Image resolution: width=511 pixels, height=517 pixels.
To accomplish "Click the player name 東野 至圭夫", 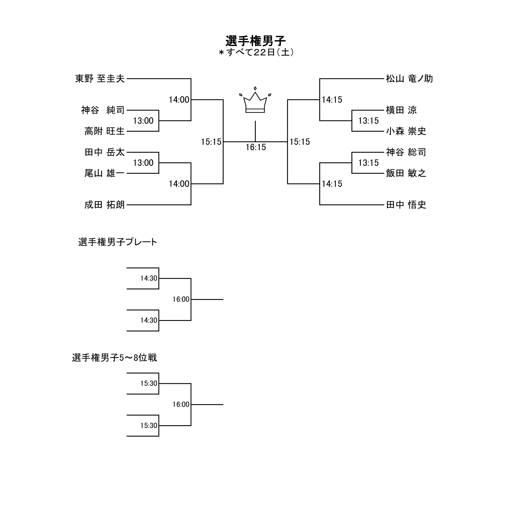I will (x=100, y=79).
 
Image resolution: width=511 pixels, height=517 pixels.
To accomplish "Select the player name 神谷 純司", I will (x=103, y=110).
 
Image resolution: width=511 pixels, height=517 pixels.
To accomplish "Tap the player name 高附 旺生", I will (x=104, y=131).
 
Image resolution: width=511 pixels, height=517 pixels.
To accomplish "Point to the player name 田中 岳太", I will (x=104, y=152).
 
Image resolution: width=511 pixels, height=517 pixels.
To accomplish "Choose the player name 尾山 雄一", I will (x=104, y=173).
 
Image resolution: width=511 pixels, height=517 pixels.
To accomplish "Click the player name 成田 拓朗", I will (x=104, y=205).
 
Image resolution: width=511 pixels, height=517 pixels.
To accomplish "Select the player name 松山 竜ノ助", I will (x=409, y=79).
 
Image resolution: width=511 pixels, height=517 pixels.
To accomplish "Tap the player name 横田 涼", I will (x=401, y=110).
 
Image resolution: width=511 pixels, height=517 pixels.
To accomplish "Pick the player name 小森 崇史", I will (x=406, y=131).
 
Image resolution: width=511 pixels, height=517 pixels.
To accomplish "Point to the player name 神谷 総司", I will (x=406, y=152).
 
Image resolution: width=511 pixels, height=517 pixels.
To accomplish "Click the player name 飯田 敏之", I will (x=406, y=173).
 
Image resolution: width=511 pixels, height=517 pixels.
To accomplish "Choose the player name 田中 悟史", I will (x=406, y=205).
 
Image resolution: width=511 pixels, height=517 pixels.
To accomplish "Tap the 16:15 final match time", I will (x=256, y=147).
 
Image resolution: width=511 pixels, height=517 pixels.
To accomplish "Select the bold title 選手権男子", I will (x=255, y=41).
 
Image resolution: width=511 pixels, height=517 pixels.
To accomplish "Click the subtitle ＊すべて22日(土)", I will (x=255, y=53).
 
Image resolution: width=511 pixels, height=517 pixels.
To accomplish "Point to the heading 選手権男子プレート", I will (x=118, y=242).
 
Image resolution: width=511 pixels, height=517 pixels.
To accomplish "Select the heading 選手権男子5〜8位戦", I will (x=114, y=358).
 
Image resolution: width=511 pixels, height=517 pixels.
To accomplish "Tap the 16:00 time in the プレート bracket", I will (x=181, y=299).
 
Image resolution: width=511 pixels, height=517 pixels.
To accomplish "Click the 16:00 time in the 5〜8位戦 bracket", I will (x=181, y=404).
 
